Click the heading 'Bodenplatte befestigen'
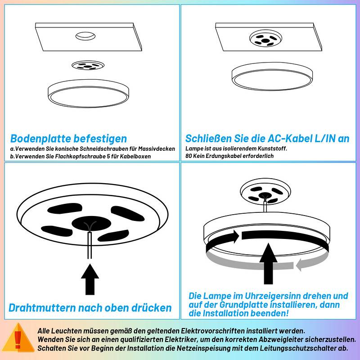68,139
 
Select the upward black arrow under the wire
90,279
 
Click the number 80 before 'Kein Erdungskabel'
189,156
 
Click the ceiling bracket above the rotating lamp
264,191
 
